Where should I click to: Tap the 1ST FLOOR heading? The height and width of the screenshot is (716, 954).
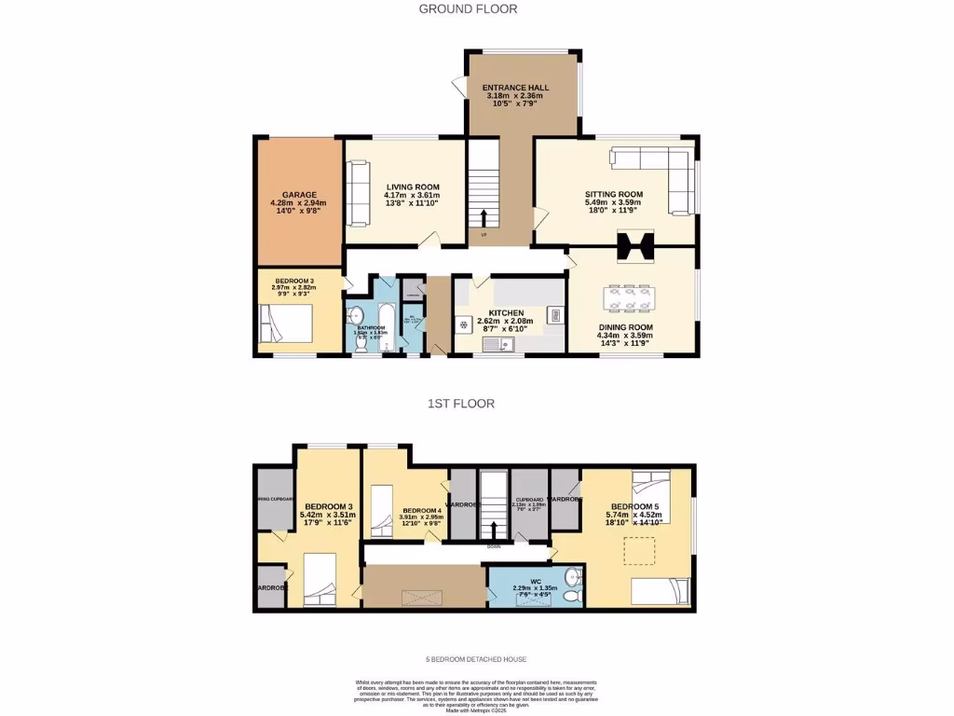point(460,404)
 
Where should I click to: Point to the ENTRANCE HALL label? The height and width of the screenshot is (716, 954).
point(514,88)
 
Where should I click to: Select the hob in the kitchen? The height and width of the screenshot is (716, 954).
point(464,324)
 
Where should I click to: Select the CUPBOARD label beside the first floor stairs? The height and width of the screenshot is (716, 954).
point(529,500)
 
